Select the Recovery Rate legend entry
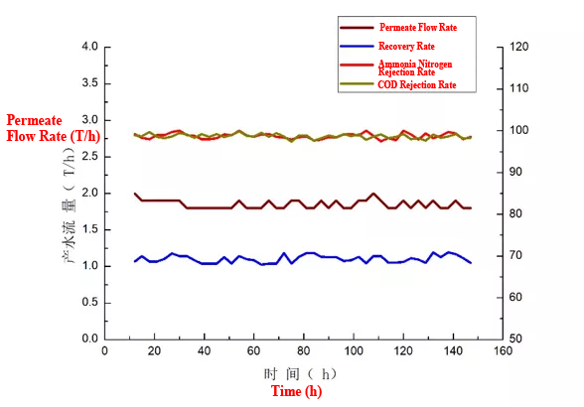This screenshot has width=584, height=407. coord(405,46)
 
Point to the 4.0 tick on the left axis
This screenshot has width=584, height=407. coord(88,47)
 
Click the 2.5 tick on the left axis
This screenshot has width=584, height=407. coord(88,156)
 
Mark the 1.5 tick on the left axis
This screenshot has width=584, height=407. coord(88,229)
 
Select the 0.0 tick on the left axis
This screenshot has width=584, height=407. coord(88,339)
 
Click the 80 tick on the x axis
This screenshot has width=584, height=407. coord(303,350)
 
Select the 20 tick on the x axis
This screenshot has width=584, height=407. coord(154,350)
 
